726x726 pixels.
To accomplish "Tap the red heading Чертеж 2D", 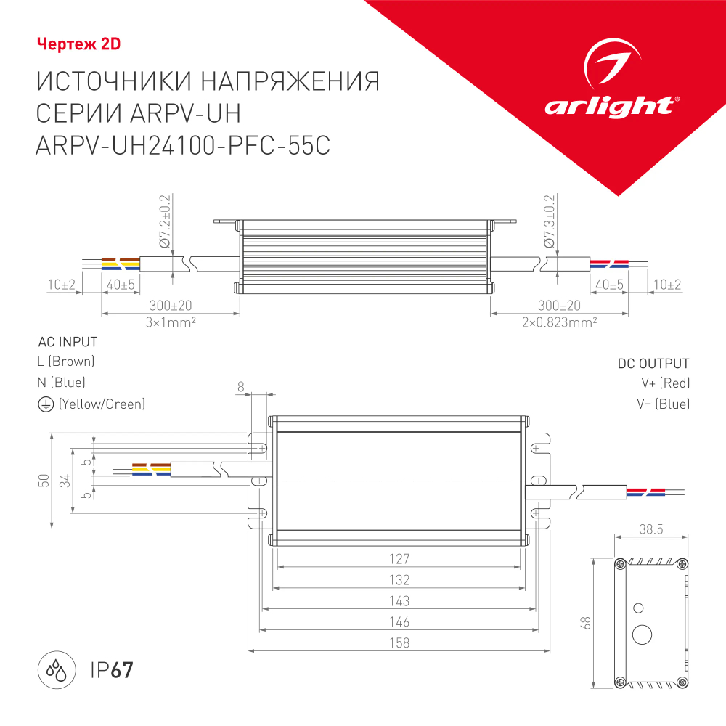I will coord(78,44).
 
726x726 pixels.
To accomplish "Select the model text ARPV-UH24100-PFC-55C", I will coord(182,145).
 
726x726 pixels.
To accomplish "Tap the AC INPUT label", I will coord(67,342).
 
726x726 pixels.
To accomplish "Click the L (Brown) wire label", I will coord(65,362).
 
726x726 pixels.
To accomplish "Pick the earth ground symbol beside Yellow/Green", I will coord(45,404).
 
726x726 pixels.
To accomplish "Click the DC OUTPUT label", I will coord(653,364).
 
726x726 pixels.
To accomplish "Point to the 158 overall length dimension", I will coord(399,643).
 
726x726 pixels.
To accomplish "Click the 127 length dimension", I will coord(399,559).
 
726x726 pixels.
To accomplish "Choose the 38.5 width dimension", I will coord(650,529).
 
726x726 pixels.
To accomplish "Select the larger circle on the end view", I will coord(643,634).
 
